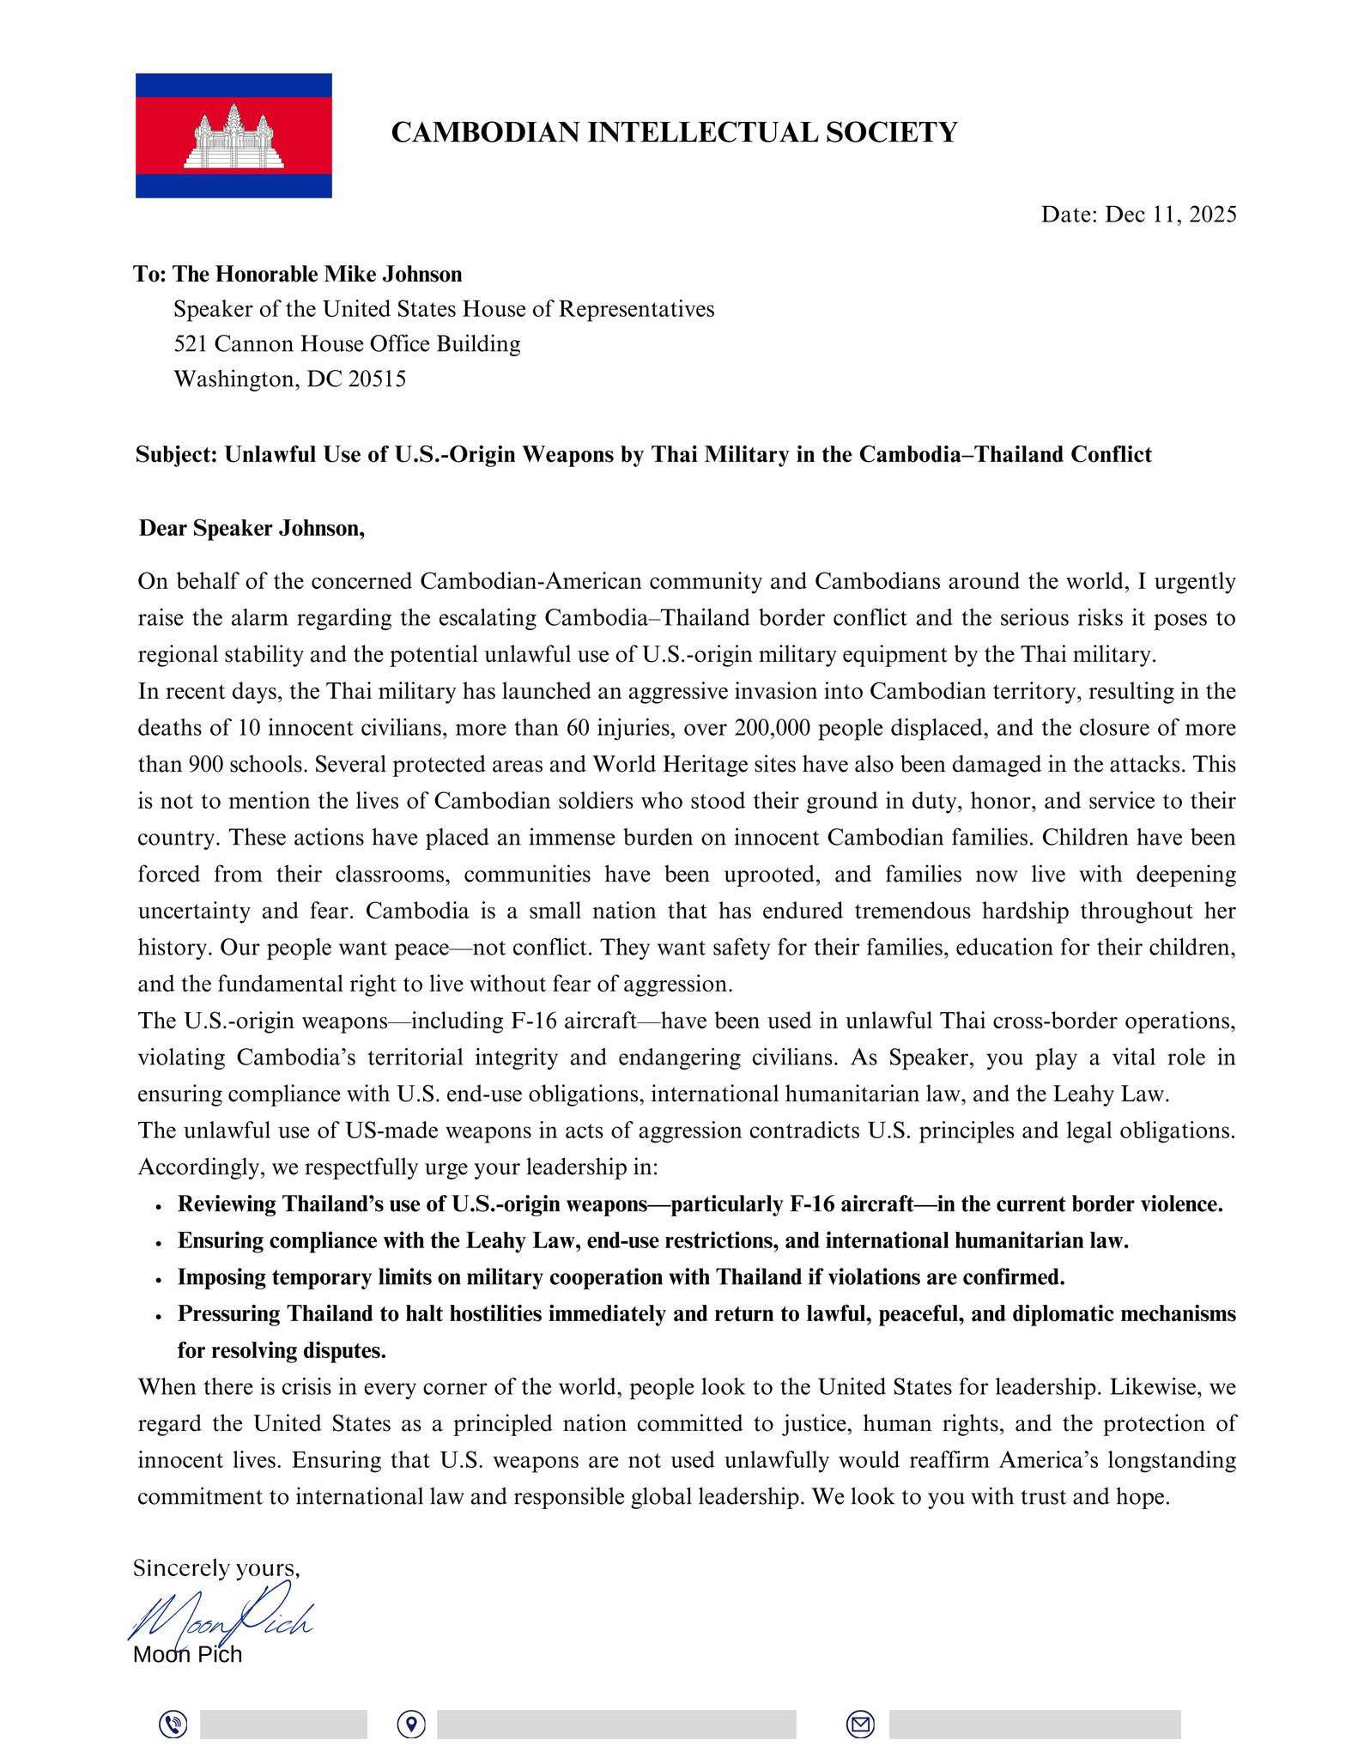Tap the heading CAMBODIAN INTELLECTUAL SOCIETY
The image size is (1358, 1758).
(x=674, y=132)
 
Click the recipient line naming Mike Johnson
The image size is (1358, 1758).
(x=298, y=274)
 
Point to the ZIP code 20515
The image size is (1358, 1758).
(x=377, y=379)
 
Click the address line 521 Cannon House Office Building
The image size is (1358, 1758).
(x=347, y=343)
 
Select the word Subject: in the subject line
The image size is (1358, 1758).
(x=177, y=454)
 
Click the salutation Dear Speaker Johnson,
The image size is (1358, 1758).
(x=252, y=528)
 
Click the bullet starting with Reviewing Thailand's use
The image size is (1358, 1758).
(x=700, y=1203)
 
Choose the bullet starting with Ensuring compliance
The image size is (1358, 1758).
(x=652, y=1240)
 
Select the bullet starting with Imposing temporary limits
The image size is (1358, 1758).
(x=621, y=1277)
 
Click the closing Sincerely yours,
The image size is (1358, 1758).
(x=216, y=1568)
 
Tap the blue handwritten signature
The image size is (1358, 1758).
(x=221, y=1619)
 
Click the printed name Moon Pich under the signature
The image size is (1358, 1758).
(x=187, y=1655)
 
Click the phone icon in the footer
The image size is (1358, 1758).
(x=173, y=1724)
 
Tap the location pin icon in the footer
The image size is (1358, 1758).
(x=411, y=1724)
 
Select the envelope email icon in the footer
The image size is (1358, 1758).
(x=860, y=1724)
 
